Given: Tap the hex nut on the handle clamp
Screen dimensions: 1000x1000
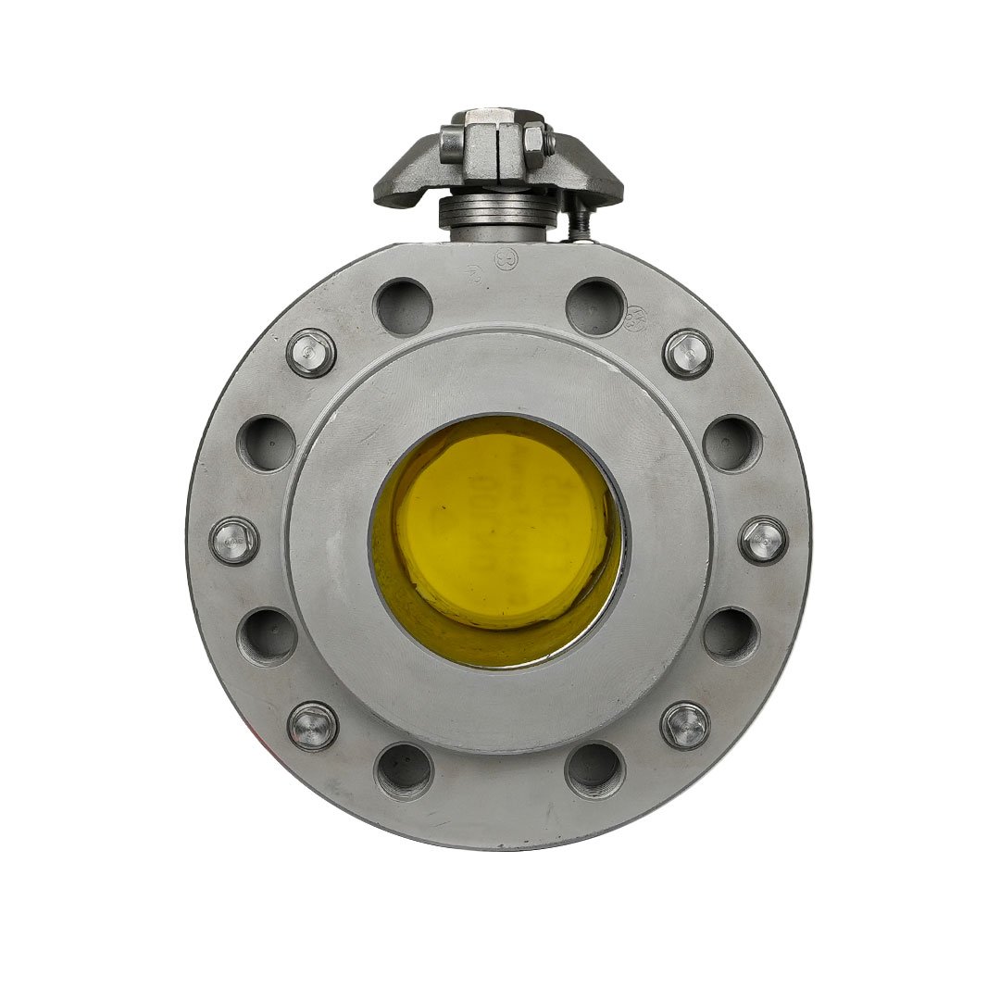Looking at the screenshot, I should pos(534,141).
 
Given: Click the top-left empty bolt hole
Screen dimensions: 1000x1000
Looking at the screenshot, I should pos(403,306).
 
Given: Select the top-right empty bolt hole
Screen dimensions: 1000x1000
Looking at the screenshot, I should pos(595,306).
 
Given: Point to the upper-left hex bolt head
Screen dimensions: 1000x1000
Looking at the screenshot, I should pos(311,353).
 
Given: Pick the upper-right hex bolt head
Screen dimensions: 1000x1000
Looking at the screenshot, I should pos(688,354).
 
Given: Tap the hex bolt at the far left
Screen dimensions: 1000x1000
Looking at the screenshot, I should pos(234,541).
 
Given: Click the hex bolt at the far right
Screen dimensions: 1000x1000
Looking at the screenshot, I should pos(764,540).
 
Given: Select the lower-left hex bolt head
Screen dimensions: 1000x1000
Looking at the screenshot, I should pos(313,726).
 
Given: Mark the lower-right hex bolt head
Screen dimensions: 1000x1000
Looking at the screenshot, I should pos(685,725).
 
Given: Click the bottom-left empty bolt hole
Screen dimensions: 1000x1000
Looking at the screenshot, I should pos(404,770).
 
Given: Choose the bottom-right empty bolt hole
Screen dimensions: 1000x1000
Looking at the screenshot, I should pos(594,769).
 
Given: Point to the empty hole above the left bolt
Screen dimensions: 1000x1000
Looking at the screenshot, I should pos(267,443).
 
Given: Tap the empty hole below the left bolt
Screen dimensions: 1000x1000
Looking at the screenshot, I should pos(268,636).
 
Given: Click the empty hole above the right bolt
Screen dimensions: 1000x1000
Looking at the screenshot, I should pos(732,443).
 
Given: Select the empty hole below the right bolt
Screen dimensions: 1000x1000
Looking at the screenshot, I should pos(731,635).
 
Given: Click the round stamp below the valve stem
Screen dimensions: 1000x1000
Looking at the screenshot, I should pos(506,258).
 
